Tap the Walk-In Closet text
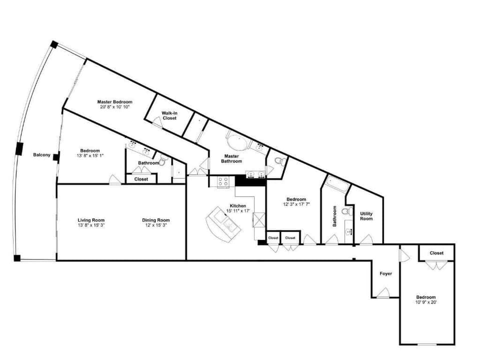point(169,115)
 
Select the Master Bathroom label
point(232,158)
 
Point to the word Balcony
point(41,155)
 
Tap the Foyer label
point(385,273)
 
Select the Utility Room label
point(366,216)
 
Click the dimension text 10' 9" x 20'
point(426,302)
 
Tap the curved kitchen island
point(224,224)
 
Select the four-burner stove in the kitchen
point(223,181)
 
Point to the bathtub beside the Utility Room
point(335,185)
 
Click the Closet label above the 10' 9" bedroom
point(436,253)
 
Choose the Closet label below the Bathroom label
point(141,179)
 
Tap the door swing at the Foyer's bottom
point(383,293)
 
